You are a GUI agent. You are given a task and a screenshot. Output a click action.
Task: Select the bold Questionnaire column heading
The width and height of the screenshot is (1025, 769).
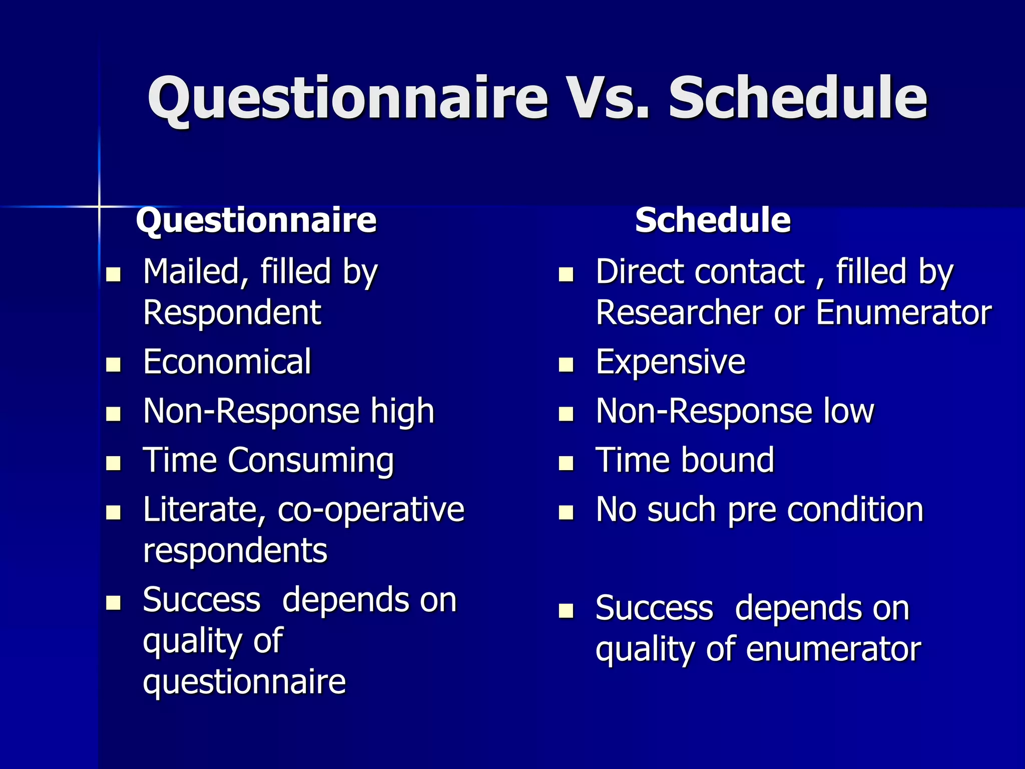coord(256,220)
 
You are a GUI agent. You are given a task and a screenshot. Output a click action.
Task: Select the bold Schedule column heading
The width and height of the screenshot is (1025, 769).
coord(712,220)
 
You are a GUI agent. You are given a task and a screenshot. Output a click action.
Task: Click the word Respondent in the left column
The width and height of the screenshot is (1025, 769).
coord(232,313)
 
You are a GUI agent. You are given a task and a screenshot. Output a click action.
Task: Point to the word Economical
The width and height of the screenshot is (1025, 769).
coord(227,362)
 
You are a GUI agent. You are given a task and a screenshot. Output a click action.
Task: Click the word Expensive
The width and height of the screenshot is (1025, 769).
coord(670,362)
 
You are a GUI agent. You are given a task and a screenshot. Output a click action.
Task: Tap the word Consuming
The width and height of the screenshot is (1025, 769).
coord(311,461)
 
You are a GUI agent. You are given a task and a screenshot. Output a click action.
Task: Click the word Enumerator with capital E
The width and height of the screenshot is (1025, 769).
coord(903,313)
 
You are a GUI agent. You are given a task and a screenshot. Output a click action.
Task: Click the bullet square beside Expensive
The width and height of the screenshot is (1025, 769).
coord(566,364)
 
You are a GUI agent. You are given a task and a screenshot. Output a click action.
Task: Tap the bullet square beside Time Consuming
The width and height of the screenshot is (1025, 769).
coord(114,463)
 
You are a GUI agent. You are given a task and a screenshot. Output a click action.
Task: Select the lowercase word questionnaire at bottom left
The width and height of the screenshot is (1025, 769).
coord(244,682)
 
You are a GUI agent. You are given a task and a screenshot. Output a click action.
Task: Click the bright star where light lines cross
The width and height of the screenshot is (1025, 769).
coord(99,206)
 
